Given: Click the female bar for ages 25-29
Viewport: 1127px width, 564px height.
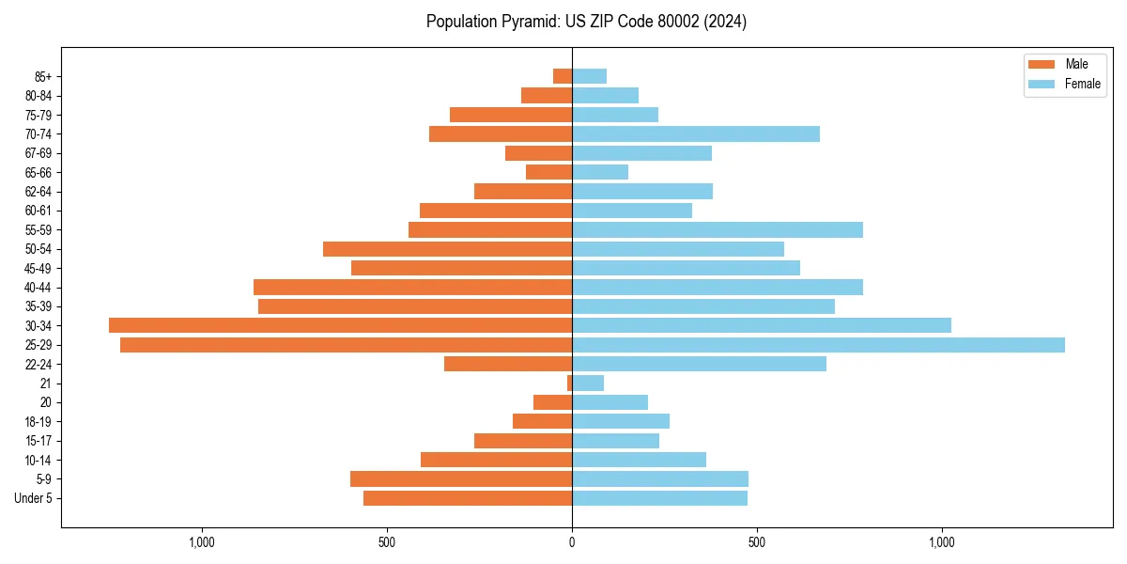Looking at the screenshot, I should pyautogui.click(x=817, y=345).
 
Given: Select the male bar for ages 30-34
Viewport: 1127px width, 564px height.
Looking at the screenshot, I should pyautogui.click(x=340, y=325).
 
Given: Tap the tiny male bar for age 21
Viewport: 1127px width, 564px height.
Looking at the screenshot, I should pyautogui.click(x=569, y=384).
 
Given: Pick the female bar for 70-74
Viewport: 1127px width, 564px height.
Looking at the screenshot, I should pyautogui.click(x=695, y=134).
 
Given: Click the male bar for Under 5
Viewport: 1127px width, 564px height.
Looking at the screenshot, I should pyautogui.click(x=468, y=498).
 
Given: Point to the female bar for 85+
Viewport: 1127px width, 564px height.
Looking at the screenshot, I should pyautogui.click(x=589, y=76).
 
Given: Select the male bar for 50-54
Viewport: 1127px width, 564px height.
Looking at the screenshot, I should pyautogui.click(x=447, y=249).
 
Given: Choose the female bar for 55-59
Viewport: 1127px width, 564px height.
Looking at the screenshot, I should pyautogui.click(x=717, y=230).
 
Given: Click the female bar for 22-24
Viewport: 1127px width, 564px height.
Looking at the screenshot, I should pyautogui.click(x=699, y=364).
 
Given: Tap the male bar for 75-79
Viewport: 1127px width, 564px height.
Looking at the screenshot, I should pyautogui.click(x=511, y=115).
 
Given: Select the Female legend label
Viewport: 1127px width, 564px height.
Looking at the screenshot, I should pyautogui.click(x=1082, y=84).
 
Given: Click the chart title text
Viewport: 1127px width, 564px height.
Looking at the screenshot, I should pyautogui.click(x=586, y=22).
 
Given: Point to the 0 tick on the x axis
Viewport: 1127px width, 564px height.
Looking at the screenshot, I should pyautogui.click(x=572, y=542).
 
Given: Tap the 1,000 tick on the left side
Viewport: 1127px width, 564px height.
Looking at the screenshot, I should pyautogui.click(x=202, y=542).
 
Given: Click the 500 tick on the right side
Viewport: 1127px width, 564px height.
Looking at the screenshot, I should pyautogui.click(x=757, y=542).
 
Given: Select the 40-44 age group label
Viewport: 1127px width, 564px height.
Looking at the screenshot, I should pyautogui.click(x=39, y=288).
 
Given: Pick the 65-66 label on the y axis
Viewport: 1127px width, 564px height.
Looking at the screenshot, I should pyautogui.click(x=39, y=173).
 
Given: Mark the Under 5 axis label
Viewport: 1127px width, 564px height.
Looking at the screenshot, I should pyautogui.click(x=33, y=498).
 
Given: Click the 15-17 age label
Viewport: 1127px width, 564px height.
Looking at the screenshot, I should pyautogui.click(x=39, y=441).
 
